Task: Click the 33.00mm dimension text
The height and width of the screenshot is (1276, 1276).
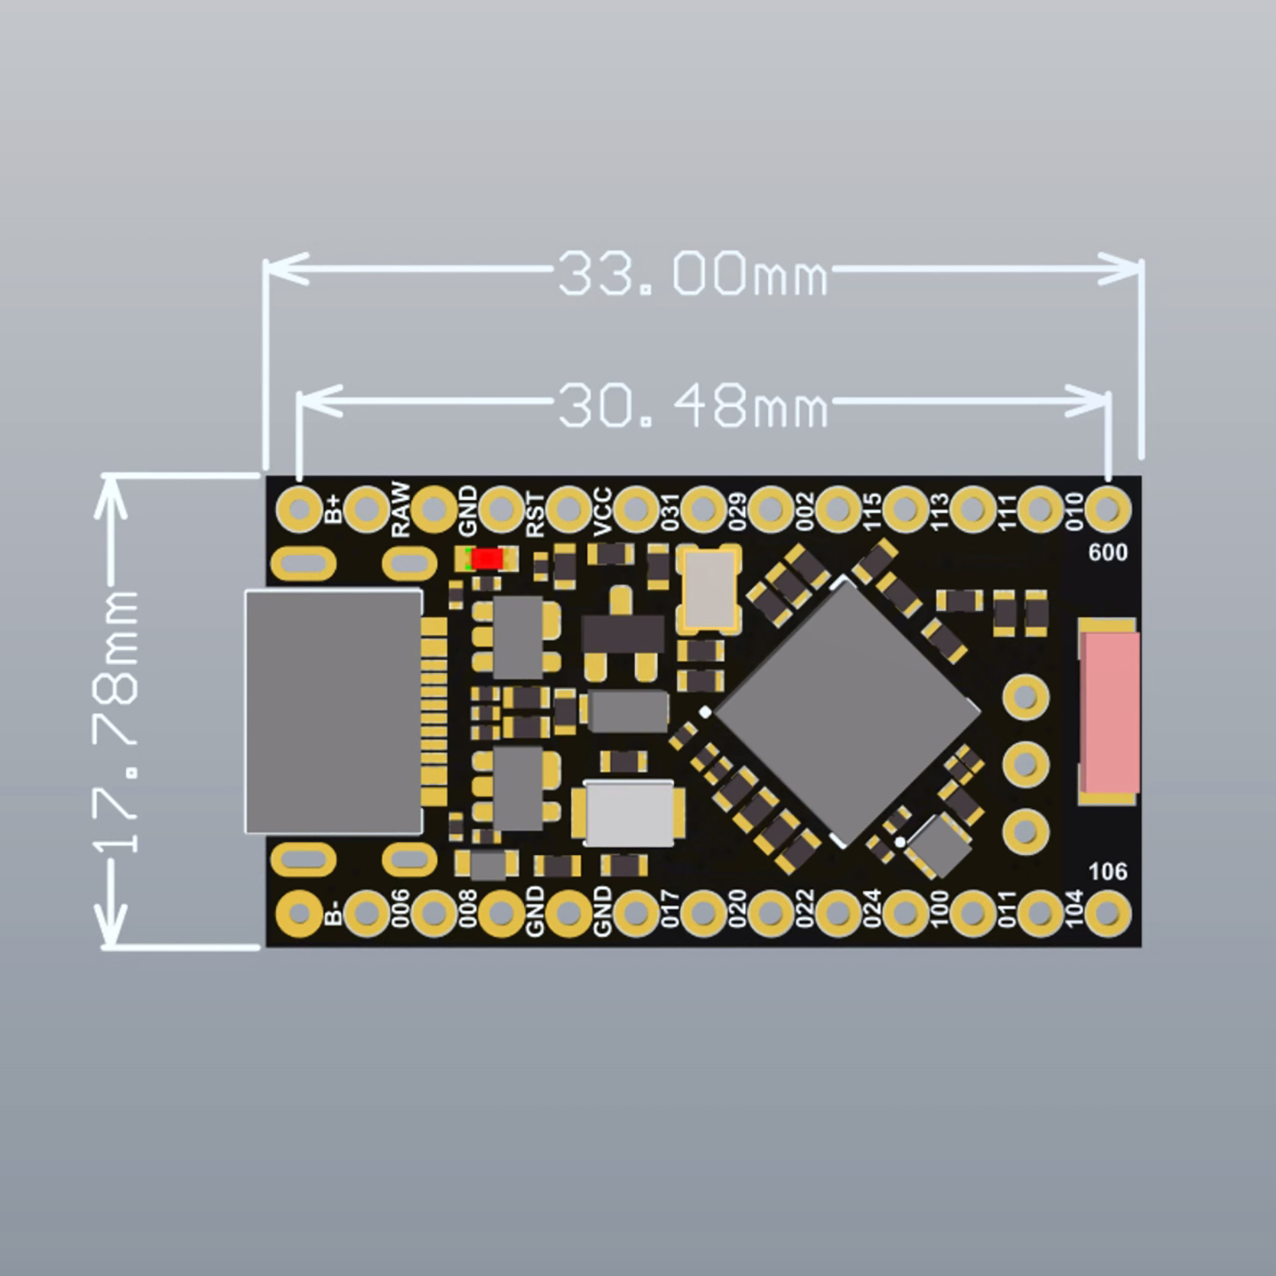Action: point(692,274)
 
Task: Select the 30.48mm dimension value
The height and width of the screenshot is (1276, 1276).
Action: point(692,405)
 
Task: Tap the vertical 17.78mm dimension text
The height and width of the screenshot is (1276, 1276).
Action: point(117,722)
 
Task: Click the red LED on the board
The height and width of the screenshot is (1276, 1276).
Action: point(487,559)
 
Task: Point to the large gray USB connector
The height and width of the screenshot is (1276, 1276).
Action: point(333,711)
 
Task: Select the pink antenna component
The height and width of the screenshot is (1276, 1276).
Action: point(1109,711)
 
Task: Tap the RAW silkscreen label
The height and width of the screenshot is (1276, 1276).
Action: point(400,509)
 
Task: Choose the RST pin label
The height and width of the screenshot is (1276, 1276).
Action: point(535,514)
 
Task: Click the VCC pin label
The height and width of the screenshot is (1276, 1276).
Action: point(603,511)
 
